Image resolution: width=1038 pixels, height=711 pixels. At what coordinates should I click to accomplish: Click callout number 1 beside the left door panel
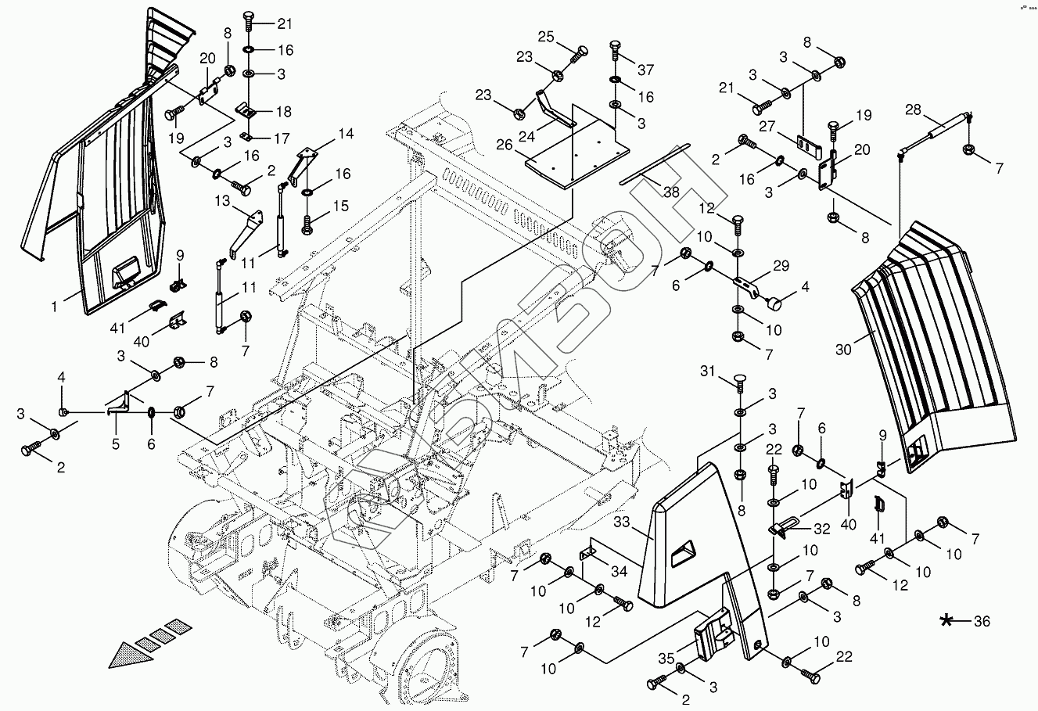(x=55, y=307)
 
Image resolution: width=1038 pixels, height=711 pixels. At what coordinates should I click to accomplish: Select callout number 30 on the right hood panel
(x=842, y=350)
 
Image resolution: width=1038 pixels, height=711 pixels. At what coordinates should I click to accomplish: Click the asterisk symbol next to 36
(x=947, y=621)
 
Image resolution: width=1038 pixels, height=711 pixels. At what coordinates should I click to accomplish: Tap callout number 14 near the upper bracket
(x=346, y=135)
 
